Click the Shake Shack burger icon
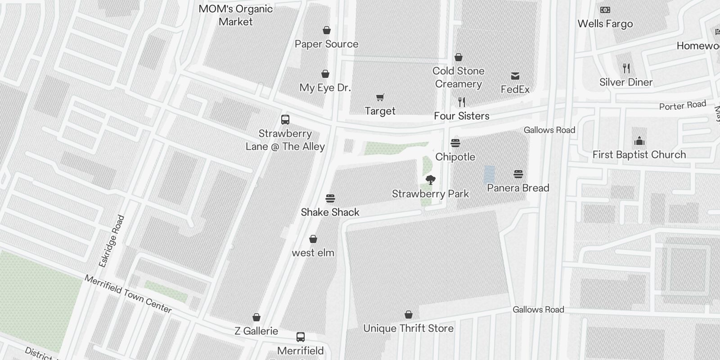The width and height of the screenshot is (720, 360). [330, 198]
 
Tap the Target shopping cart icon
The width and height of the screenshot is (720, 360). [380, 98]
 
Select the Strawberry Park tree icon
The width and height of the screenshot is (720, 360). [431, 180]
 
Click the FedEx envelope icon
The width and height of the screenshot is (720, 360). [515, 76]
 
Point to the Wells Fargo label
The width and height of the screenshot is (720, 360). [605, 24]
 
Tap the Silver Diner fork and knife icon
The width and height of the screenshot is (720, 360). [626, 68]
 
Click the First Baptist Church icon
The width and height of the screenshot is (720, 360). [639, 141]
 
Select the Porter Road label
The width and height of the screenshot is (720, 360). [682, 106]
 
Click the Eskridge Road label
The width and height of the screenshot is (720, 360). [111, 242]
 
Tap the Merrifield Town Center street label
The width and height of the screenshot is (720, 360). [128, 294]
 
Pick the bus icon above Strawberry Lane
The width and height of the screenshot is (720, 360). [285, 120]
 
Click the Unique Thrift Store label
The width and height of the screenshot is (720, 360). [408, 328]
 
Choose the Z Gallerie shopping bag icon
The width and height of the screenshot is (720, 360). [256, 318]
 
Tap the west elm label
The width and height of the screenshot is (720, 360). [313, 253]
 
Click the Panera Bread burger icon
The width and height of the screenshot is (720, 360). [518, 174]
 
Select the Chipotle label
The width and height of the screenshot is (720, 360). [455, 157]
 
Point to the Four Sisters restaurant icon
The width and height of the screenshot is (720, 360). [461, 102]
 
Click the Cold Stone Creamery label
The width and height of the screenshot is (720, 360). [458, 77]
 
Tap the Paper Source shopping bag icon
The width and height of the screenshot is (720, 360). [327, 31]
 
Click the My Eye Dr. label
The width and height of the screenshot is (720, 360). [325, 88]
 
